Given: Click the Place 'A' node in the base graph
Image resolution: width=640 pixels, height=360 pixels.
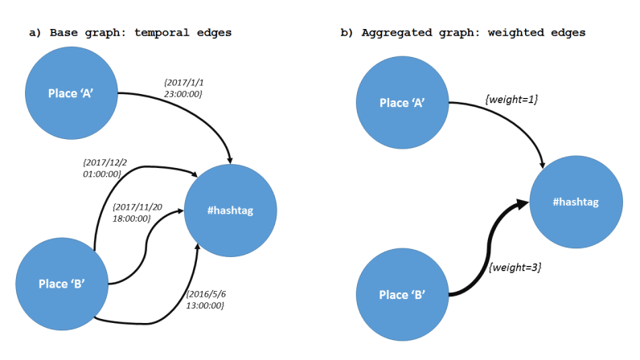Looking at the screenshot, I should tap(72, 92).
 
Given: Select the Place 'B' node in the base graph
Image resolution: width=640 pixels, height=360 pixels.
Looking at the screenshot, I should tap(62, 282).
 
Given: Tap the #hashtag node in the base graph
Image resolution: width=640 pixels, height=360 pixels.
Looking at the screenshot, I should tap(231, 211).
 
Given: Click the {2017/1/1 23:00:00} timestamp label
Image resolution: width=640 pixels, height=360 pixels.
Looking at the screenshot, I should tap(183, 88).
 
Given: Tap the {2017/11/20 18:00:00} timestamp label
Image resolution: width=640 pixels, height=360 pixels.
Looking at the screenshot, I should tap(139, 212).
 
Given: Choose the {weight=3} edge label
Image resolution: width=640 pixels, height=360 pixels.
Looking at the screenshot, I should tap(515, 266).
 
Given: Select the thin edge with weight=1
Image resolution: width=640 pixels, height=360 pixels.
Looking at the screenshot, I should tap(515, 121).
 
